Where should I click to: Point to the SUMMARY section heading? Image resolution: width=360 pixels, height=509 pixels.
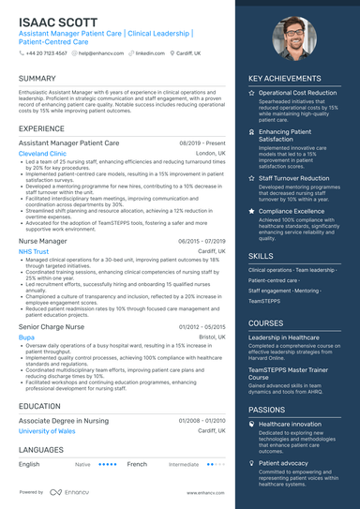pos(37,79)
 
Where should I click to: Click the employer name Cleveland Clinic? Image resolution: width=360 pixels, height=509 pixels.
pos(42,153)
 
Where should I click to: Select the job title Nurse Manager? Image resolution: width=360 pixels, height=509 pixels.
pos(43,241)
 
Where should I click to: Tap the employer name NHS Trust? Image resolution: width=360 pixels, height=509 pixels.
pos(34,251)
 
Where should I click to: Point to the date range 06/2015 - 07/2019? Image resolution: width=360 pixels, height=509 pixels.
pos(202,241)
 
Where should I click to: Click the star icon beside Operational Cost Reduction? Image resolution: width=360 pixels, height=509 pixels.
pos(251,94)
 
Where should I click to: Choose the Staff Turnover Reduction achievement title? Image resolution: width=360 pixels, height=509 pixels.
pos(293,178)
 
